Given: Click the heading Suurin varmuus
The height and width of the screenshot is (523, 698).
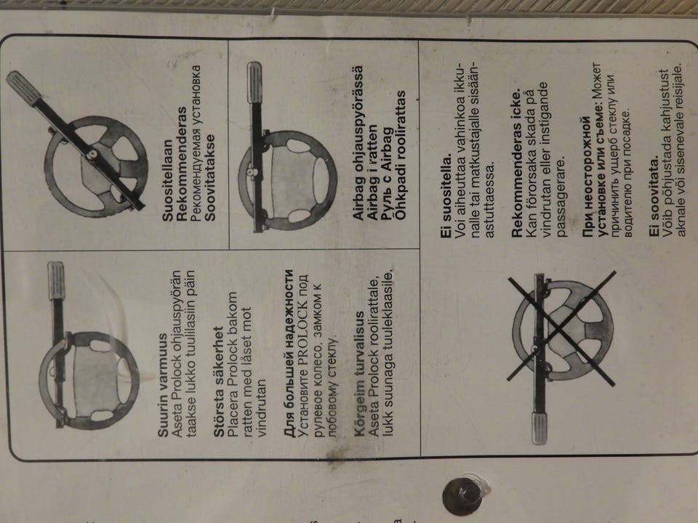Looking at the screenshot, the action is pos(164,386).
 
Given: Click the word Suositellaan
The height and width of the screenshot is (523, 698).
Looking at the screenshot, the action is pos(167,181).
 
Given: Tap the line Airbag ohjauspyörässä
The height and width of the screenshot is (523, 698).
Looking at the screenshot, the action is pos(358,143).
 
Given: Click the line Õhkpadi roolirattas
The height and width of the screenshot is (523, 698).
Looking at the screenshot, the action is pos(401,155).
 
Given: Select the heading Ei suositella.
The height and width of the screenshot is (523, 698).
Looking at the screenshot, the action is pos(446,195).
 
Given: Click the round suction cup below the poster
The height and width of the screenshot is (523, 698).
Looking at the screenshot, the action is pos(463,496).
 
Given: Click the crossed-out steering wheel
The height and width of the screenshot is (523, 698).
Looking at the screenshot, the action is pos(563,330).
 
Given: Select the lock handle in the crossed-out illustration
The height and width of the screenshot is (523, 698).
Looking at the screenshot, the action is pos(539,428).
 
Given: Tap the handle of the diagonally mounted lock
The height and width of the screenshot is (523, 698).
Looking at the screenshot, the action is pos(23,88).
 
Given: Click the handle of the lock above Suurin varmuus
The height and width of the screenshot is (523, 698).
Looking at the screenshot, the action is pos(56,280).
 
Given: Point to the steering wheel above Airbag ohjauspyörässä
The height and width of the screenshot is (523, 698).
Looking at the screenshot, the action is pos(288,180).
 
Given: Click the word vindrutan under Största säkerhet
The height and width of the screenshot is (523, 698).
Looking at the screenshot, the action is pos(261,408).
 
